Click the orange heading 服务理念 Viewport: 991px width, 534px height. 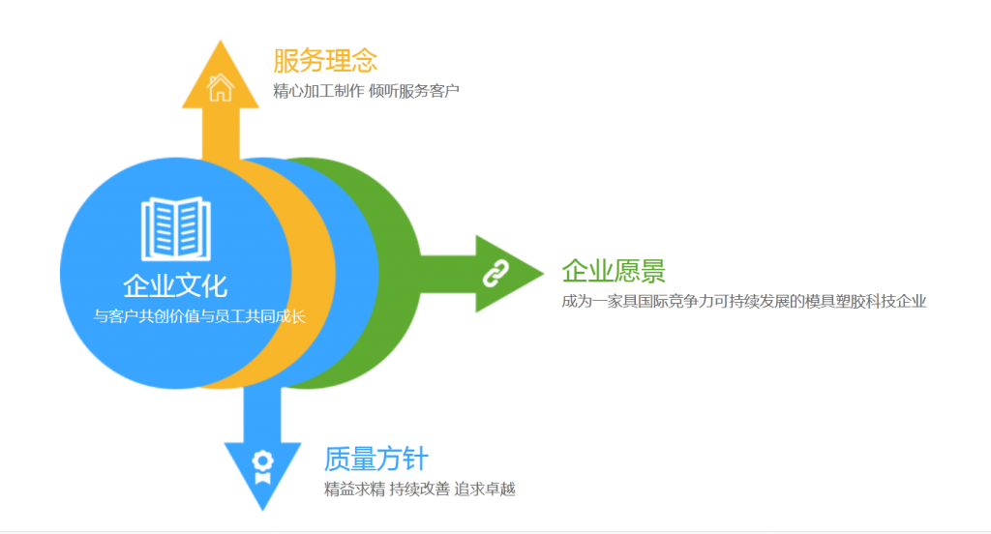pyautogui.click(x=325, y=61)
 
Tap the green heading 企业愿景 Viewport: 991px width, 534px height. pyautogui.click(x=614, y=271)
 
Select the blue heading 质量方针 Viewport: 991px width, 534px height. pyautogui.click(x=376, y=459)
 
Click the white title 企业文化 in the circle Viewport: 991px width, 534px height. pyautogui.click(x=175, y=285)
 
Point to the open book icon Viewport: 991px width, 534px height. pyautogui.click(x=176, y=228)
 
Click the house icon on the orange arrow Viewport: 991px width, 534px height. pyautogui.click(x=221, y=87)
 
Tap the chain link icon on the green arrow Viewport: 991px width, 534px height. pyautogui.click(x=495, y=274)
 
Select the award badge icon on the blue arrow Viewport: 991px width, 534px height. pyautogui.click(x=263, y=467)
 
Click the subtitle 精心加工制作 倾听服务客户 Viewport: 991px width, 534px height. pyautogui.click(x=366, y=91)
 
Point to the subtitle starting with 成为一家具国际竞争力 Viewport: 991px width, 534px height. pyautogui.click(x=744, y=302)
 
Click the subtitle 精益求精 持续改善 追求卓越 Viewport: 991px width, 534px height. pyautogui.click(x=420, y=489)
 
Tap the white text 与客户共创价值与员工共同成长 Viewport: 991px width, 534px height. pyautogui.click(x=199, y=316)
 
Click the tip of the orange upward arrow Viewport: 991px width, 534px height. pyautogui.click(x=221, y=41)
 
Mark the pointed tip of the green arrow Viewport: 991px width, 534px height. pyautogui.click(x=542, y=274)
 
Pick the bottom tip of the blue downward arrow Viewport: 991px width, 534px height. pyautogui.click(x=263, y=509)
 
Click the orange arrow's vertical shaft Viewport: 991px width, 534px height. pyautogui.click(x=221, y=133)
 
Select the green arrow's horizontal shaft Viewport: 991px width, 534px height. pyautogui.click(x=448, y=274)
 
